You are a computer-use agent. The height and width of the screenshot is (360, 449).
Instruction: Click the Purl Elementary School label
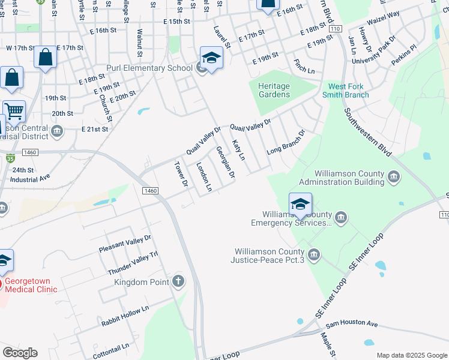pos(149,68)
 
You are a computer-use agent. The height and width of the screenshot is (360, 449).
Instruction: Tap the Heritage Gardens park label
pos(274,90)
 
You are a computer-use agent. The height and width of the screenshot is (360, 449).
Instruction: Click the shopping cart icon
pos(14,110)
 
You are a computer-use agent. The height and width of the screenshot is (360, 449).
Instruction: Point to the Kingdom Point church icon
pos(178,281)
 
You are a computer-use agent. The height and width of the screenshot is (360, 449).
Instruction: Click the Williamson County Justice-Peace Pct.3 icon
pos(313,256)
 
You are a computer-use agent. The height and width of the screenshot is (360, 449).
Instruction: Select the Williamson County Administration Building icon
pos(394,176)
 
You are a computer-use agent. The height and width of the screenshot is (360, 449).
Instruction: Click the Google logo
pos(20,353)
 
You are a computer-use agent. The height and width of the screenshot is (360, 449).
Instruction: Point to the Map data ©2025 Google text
pos(411,355)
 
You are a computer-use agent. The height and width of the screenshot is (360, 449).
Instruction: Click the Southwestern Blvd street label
pos(368,133)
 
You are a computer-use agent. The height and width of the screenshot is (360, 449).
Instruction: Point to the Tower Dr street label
pos(181,174)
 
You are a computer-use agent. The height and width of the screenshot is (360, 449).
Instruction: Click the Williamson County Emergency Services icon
pos(341,218)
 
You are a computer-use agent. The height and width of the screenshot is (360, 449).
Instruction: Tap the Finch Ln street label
pos(304,66)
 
